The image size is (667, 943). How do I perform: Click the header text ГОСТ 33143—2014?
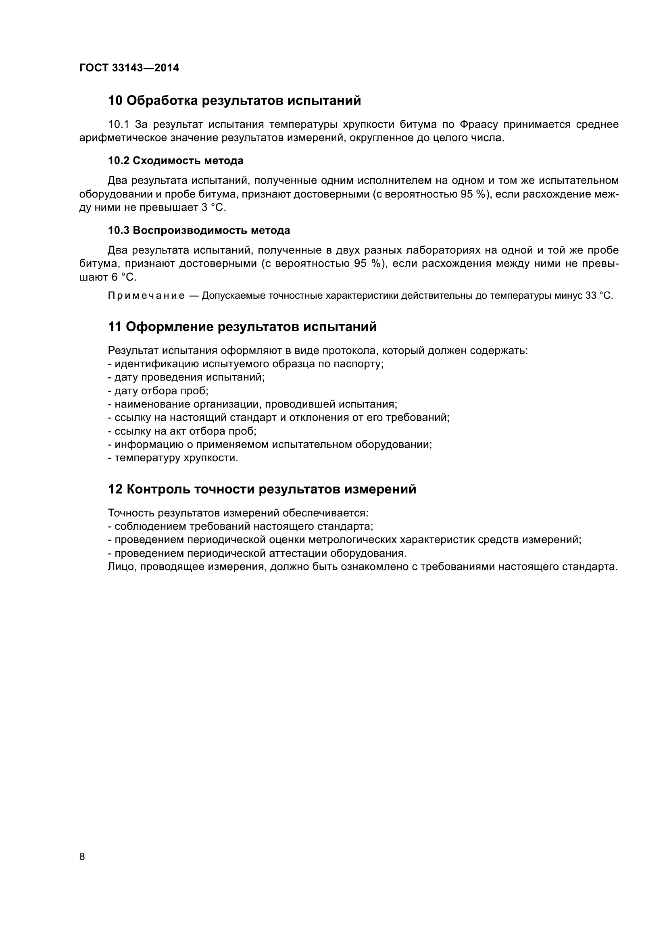coord(129,68)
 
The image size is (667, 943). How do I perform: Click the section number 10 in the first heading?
coord(115,100)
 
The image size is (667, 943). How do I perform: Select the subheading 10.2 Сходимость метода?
coord(175,160)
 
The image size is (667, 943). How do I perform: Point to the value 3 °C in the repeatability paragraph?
coord(214,207)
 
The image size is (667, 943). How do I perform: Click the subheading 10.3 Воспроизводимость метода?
coord(199,231)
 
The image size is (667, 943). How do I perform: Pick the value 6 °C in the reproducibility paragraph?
coord(124,277)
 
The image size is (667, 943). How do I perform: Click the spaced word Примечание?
coord(146,296)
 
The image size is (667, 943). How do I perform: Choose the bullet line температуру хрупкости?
coord(173,458)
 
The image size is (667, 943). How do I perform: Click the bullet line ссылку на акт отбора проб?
coord(182,431)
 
